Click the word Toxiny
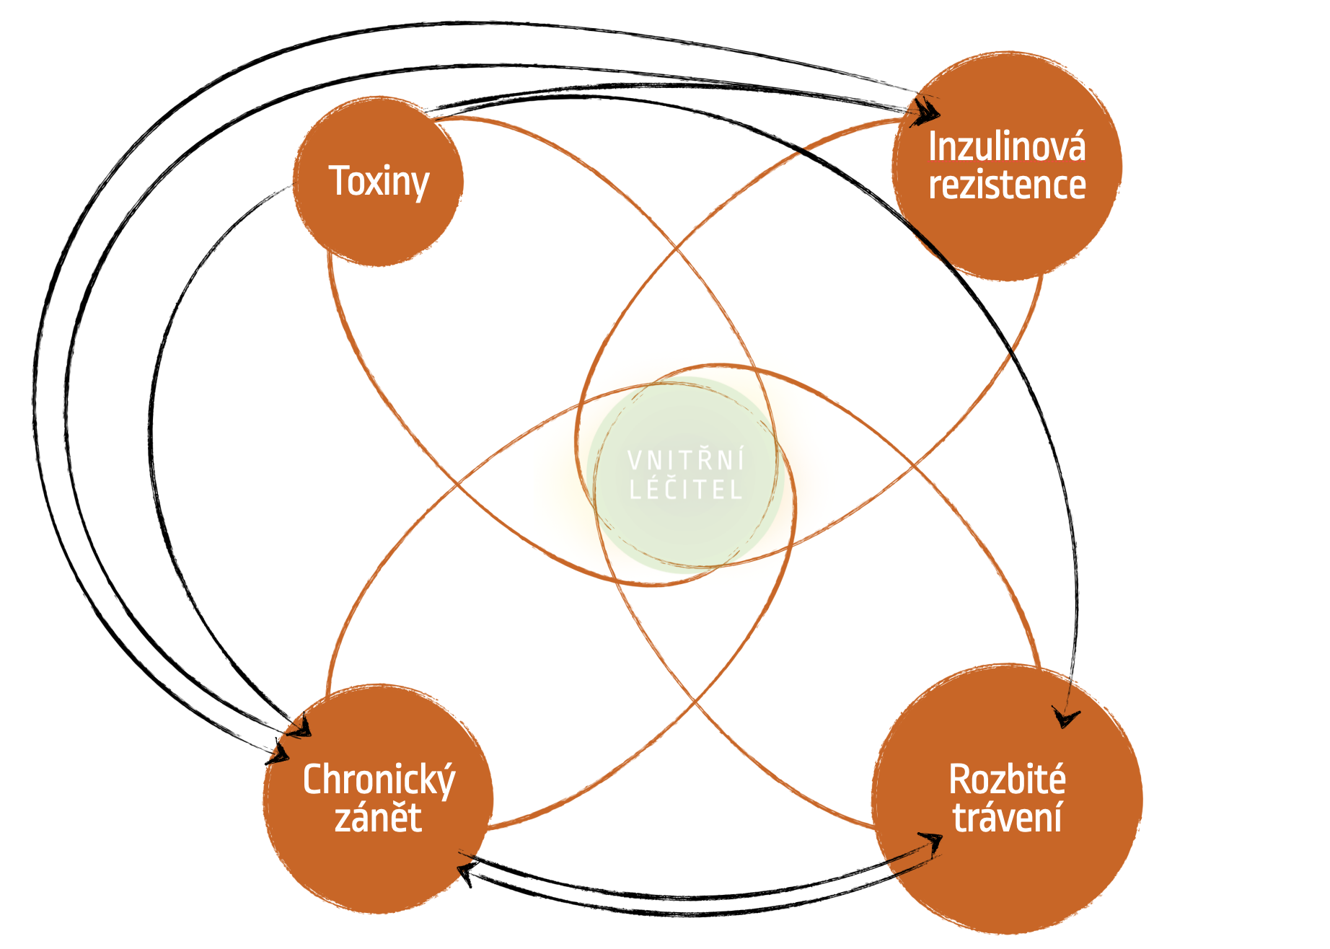click(379, 181)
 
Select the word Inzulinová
click(1007, 147)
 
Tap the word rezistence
click(1007, 185)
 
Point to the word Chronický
click(379, 780)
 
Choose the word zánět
click(378, 818)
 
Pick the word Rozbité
click(1007, 780)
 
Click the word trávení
click(1007, 818)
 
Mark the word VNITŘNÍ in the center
click(685, 460)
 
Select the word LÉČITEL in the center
click(685, 490)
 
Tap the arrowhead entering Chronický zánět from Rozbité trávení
click(465, 875)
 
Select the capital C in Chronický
click(312, 780)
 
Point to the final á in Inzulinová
click(1076, 148)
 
